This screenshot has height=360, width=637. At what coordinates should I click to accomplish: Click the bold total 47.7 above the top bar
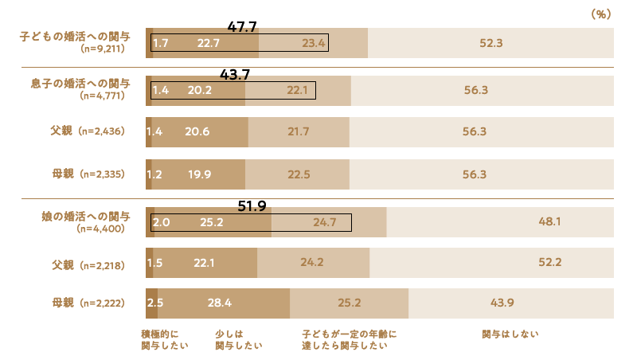click(x=242, y=27)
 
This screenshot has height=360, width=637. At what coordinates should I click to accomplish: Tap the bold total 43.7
click(x=235, y=75)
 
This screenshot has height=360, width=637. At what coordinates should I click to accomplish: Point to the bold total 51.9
click(x=252, y=206)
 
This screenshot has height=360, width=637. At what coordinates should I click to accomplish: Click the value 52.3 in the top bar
click(x=490, y=43)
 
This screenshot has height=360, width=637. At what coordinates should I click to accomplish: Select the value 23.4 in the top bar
click(x=314, y=43)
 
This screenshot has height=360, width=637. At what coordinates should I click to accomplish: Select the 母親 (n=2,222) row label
click(x=90, y=303)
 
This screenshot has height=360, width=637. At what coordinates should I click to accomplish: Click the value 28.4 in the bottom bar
click(x=219, y=303)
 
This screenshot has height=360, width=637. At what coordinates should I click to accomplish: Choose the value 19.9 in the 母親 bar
click(x=196, y=174)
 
